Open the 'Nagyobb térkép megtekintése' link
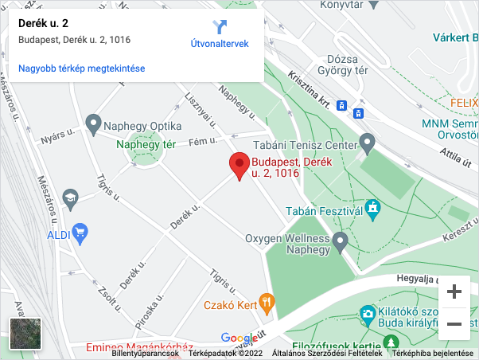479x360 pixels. click(x=81, y=68)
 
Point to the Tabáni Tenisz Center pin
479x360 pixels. click(x=367, y=143)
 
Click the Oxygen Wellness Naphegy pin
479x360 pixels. click(x=341, y=241)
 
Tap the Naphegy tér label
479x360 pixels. click(x=146, y=145)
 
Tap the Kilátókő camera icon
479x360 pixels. click(x=368, y=314)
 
